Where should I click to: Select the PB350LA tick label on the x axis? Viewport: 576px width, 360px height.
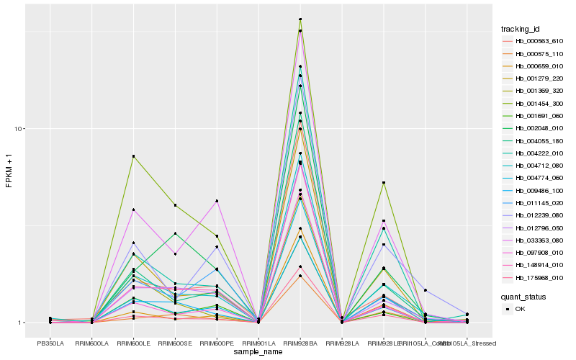50,343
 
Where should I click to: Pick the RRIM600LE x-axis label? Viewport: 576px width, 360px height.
133,343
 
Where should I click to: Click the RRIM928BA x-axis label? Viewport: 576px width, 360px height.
300,343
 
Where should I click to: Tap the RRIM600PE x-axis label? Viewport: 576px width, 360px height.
217,343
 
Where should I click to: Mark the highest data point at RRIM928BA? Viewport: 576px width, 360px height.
300,19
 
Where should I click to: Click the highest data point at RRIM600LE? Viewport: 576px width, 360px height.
133,156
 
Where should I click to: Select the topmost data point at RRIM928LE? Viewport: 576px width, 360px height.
384,183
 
